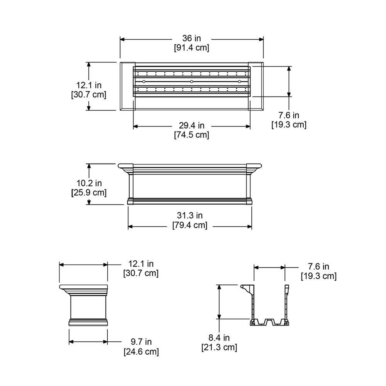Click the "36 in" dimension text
pyautogui.click(x=191, y=39)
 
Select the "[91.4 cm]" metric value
pyautogui.click(x=191, y=48)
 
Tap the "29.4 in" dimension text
pyautogui.click(x=191, y=125)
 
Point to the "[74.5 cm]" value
pyautogui.click(x=191, y=135)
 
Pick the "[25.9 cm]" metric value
pyautogui.click(x=89, y=192)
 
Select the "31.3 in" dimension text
pyautogui.click(x=190, y=216)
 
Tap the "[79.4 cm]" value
pyautogui.click(x=190, y=225)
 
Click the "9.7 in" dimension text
pyautogui.click(x=141, y=342)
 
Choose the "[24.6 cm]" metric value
pyautogui.click(x=141, y=351)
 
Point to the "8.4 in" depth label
pyautogui.click(x=219, y=338)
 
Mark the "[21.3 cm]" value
pyautogui.click(x=219, y=347)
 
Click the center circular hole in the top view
pyautogui.click(x=191, y=81)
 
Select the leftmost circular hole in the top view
pyautogui.click(x=144, y=81)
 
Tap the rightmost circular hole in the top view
pyautogui.click(x=239, y=81)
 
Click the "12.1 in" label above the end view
pyautogui.click(x=141, y=264)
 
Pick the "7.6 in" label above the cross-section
pyautogui.click(x=318, y=267)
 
